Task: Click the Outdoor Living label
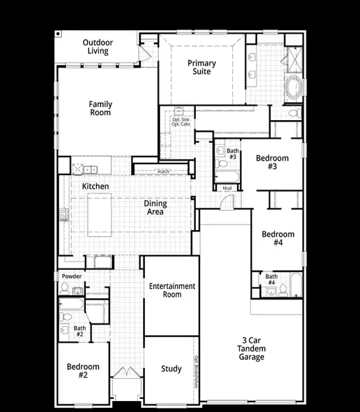click(x=98, y=47)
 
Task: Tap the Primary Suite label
click(x=202, y=67)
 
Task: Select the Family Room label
click(x=100, y=108)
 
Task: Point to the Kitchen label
click(x=95, y=186)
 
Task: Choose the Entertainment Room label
click(x=172, y=290)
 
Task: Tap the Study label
click(x=171, y=369)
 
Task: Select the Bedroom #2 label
click(x=83, y=371)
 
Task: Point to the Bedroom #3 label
click(x=272, y=162)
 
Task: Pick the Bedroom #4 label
click(x=278, y=238)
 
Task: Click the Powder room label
click(x=71, y=277)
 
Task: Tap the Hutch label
click(x=163, y=172)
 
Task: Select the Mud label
click(x=226, y=187)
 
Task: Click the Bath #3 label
click(x=233, y=154)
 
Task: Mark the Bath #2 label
click(x=80, y=331)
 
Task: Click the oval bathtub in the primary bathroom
click(x=293, y=89)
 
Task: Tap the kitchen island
click(x=99, y=214)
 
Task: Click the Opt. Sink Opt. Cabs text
click(x=181, y=122)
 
